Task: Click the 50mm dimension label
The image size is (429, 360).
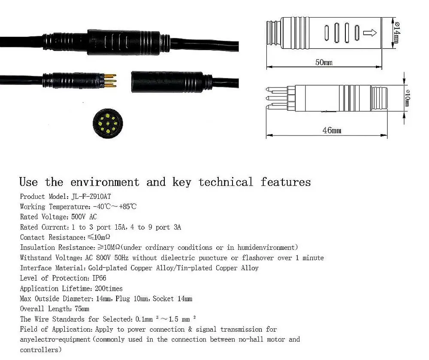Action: [324, 63]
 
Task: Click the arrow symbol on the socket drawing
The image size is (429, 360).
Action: [370, 33]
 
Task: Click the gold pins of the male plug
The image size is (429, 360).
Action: [109, 81]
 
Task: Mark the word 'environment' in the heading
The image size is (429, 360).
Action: [105, 182]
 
